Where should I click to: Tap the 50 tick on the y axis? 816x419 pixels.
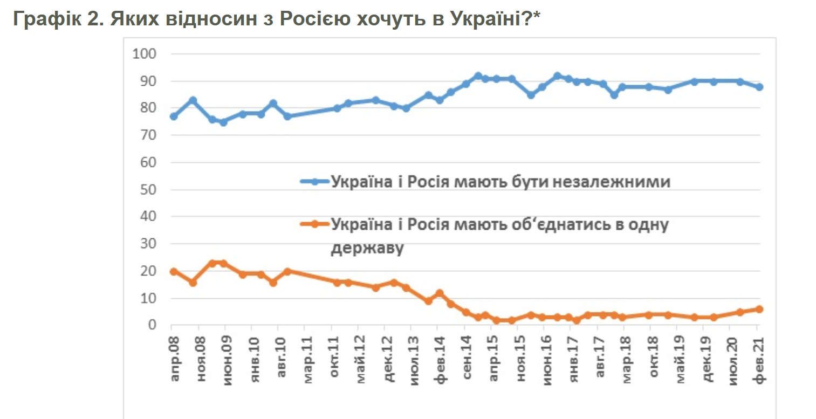tap(148, 190)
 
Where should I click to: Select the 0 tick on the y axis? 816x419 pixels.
tap(152, 325)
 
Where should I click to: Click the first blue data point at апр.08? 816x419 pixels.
tap(174, 116)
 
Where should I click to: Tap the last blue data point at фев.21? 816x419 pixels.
tap(759, 87)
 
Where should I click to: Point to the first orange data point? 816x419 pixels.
tap(174, 271)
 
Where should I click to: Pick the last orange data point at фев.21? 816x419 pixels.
tap(759, 309)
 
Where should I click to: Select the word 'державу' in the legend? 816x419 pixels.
tap(367, 249)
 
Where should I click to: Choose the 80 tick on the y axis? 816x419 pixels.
tap(148, 108)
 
